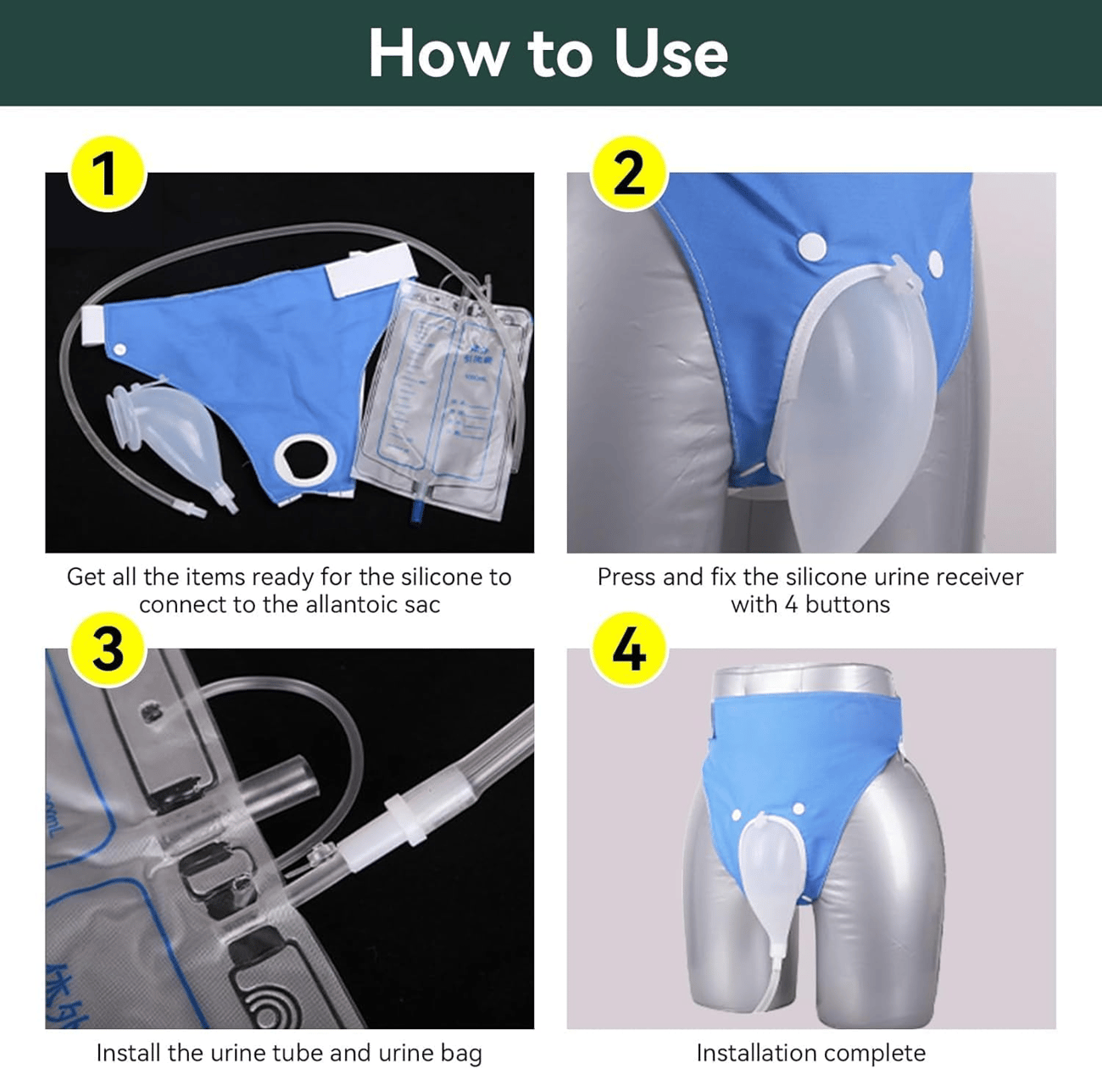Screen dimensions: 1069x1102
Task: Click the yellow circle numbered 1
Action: (x=106, y=174)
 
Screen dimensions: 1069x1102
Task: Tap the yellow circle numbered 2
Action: (x=628, y=174)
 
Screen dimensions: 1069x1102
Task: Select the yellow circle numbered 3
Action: (x=106, y=649)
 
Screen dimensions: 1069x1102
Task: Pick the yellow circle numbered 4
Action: (x=628, y=649)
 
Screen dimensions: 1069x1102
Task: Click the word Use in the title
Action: (x=671, y=53)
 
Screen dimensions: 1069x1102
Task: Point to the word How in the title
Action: (x=437, y=53)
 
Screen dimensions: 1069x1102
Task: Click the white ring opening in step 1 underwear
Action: (x=305, y=459)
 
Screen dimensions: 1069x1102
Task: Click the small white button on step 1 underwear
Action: (x=120, y=349)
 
